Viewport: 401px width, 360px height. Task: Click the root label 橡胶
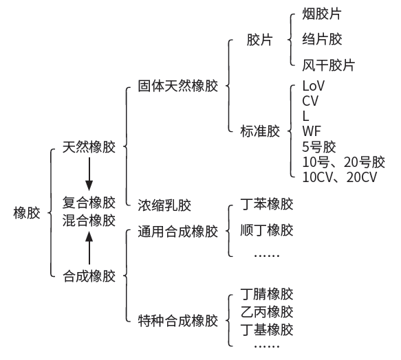pyautogui.click(x=27, y=212)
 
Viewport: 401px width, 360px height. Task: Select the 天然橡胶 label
pyautogui.click(x=89, y=147)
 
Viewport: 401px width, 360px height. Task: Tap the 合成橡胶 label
pyautogui.click(x=89, y=276)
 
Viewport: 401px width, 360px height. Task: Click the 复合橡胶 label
pyautogui.click(x=89, y=203)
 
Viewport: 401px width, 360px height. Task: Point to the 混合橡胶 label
pyautogui.click(x=89, y=221)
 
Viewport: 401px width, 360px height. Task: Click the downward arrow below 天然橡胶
pyautogui.click(x=89, y=174)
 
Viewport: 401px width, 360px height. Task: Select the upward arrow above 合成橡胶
pyautogui.click(x=89, y=247)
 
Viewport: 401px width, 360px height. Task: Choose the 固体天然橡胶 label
pyautogui.click(x=178, y=86)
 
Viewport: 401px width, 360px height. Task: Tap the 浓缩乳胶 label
pyautogui.click(x=164, y=205)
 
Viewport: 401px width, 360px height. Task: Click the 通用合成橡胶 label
pyautogui.click(x=178, y=232)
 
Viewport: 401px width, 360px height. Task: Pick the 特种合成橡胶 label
pyautogui.click(x=178, y=320)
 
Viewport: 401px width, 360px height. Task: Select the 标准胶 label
pyautogui.click(x=260, y=131)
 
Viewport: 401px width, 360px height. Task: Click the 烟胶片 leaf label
pyautogui.click(x=322, y=14)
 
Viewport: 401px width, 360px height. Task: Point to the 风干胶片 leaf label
pyautogui.click(x=328, y=65)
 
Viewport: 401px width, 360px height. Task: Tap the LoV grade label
pyautogui.click(x=313, y=86)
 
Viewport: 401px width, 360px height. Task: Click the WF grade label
pyautogui.click(x=312, y=131)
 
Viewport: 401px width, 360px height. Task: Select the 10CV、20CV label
pyautogui.click(x=340, y=177)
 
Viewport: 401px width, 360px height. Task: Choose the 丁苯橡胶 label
pyautogui.click(x=267, y=204)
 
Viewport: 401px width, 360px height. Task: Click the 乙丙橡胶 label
pyautogui.click(x=267, y=312)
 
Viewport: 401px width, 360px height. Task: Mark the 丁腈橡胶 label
pyautogui.click(x=267, y=294)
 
